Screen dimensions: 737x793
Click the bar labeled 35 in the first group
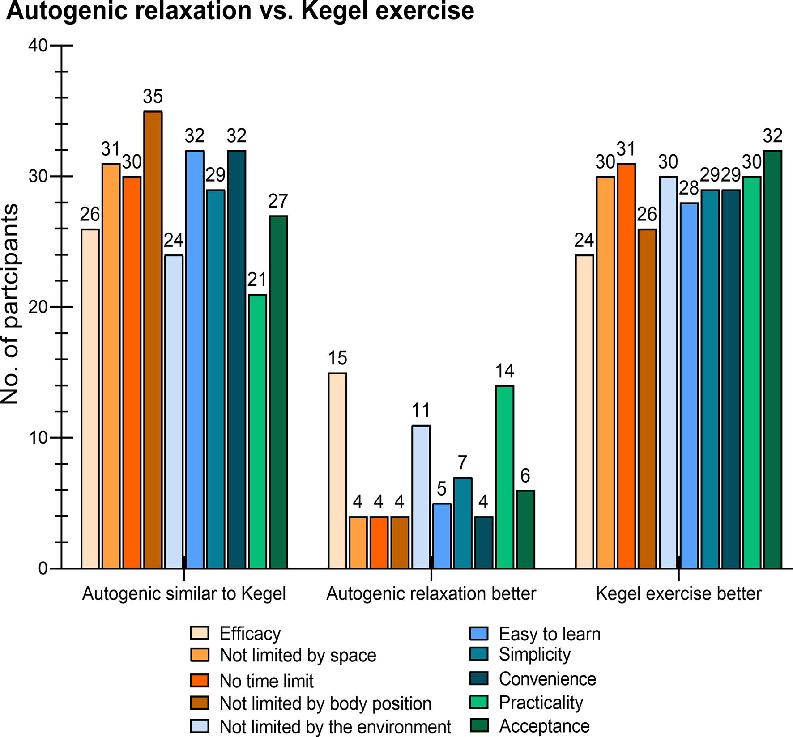(153, 340)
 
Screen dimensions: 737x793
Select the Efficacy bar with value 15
(337, 470)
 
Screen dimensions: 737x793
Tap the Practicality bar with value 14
(504, 477)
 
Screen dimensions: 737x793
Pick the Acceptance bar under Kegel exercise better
(772, 360)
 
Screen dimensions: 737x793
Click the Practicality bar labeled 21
(257, 431)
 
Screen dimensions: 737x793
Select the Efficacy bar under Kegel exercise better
(584, 411)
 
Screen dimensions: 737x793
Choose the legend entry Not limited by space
(298, 656)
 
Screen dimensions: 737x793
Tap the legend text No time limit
(266, 681)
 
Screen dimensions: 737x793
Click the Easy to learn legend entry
(550, 634)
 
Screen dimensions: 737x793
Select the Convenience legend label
(547, 679)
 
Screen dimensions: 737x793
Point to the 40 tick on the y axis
(38, 46)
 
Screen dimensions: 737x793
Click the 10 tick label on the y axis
(38, 438)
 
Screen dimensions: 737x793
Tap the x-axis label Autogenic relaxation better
(431, 594)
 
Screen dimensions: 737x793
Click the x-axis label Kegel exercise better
(678, 594)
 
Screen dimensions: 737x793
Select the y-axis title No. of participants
(10, 304)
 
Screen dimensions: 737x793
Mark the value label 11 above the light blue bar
(421, 410)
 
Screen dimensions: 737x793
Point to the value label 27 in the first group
(278, 201)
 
